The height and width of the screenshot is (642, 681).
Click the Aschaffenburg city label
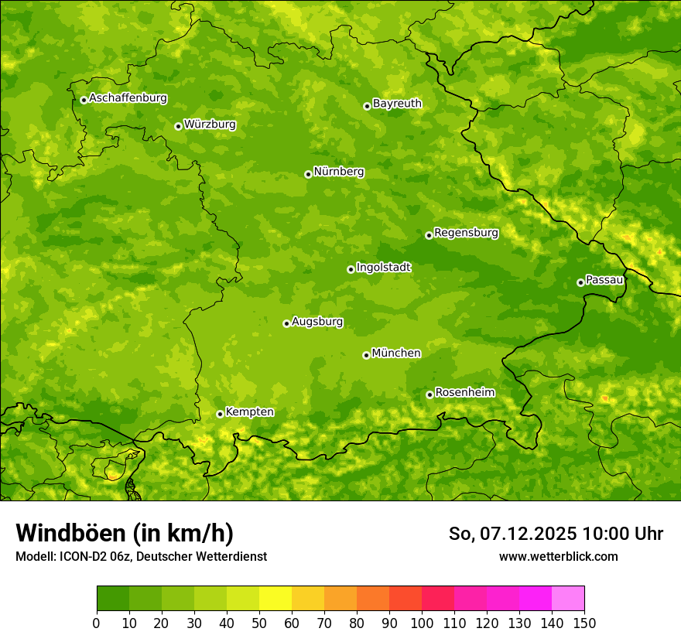tap(128, 98)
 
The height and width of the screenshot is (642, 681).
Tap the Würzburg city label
tap(210, 125)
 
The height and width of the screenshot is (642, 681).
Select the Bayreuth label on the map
tap(397, 104)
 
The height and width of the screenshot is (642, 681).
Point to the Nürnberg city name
tap(338, 172)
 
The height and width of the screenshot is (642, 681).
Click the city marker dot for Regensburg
tap(429, 235)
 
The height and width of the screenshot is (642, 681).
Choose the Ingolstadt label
tap(383, 268)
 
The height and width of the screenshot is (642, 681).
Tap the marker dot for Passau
tap(580, 282)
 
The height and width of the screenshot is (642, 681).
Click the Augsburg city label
tap(317, 322)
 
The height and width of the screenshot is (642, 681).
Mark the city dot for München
tap(366, 355)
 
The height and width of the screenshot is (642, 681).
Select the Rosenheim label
tap(464, 393)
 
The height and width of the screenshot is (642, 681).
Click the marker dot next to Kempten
tap(220, 414)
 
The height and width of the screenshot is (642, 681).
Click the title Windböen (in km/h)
tap(125, 534)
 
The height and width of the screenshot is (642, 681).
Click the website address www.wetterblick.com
tap(558, 556)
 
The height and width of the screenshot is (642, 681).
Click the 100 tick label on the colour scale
tap(422, 623)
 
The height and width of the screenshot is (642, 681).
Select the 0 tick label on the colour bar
tap(97, 623)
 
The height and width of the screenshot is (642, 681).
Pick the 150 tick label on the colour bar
tap(584, 623)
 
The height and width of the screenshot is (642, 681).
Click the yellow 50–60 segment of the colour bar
tap(275, 599)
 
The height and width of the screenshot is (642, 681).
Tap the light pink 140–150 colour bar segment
tap(568, 599)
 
